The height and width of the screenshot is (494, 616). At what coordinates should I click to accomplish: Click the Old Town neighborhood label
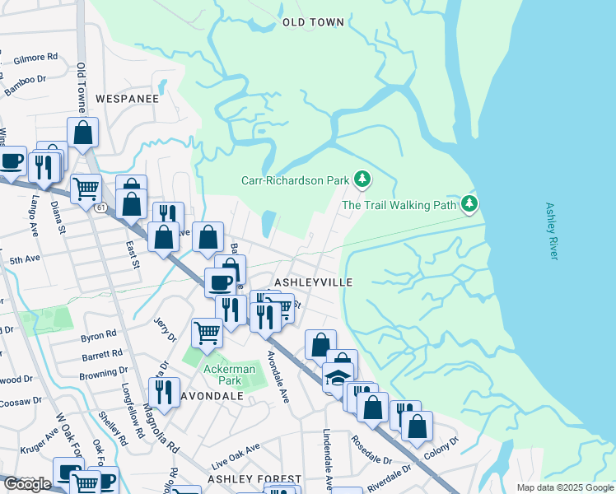(313, 22)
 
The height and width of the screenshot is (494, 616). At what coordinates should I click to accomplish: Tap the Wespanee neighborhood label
(127, 98)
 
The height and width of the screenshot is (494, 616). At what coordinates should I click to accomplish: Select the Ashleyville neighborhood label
(313, 282)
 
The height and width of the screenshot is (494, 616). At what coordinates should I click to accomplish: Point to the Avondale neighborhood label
(212, 395)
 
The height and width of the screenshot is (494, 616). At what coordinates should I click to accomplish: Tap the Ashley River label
(552, 231)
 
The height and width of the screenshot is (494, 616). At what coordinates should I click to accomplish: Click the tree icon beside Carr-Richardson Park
(362, 179)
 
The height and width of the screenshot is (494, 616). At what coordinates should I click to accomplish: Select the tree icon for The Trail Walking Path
(469, 203)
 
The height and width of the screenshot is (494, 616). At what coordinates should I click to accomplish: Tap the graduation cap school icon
(338, 377)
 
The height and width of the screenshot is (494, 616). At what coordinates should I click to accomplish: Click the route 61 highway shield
(100, 207)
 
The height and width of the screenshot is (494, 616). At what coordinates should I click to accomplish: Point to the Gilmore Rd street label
(36, 59)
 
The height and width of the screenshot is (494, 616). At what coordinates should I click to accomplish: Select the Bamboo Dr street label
(24, 83)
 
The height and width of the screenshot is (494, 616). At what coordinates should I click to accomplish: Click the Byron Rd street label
(99, 337)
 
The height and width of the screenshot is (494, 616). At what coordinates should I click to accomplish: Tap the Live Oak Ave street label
(236, 451)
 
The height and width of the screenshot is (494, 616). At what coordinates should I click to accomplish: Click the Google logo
(27, 484)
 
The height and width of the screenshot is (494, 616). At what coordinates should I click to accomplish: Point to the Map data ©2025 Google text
(563, 487)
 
